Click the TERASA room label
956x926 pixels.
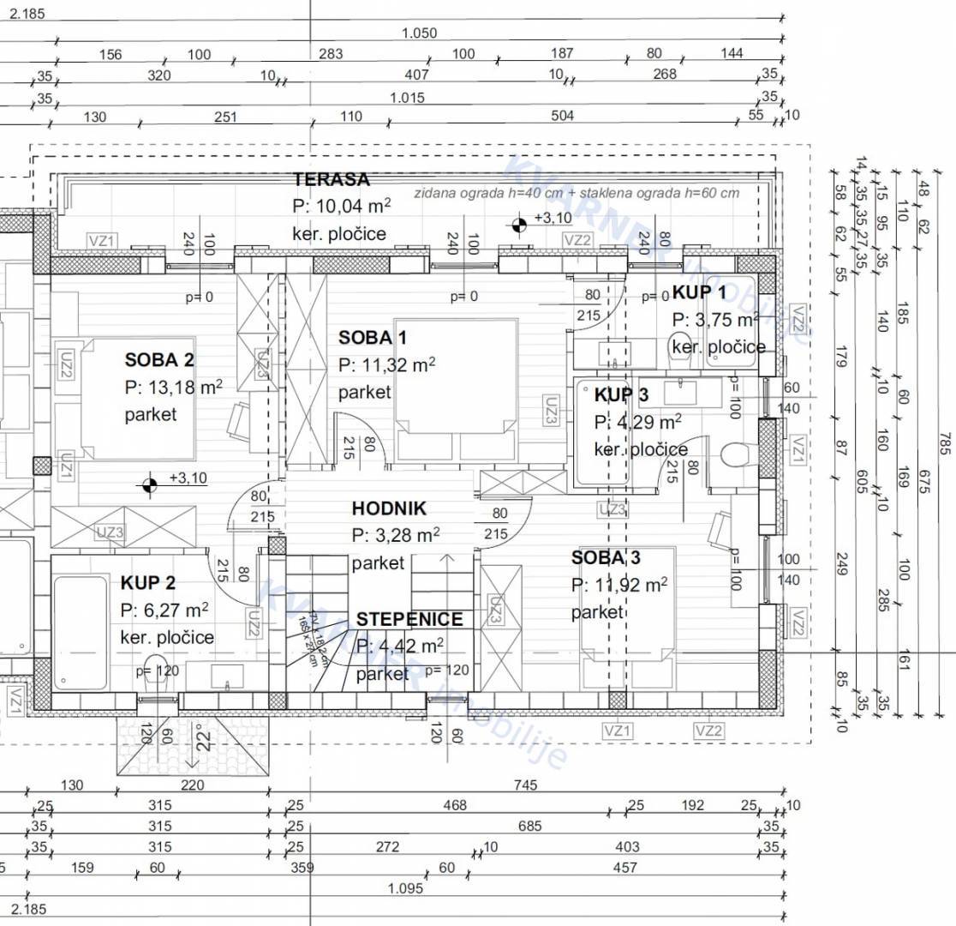tap(332, 180)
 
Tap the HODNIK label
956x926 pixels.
tap(388, 508)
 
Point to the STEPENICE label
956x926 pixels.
tap(409, 619)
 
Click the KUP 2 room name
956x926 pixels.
tap(147, 584)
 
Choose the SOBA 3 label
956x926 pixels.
tap(606, 558)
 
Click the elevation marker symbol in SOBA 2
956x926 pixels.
tap(150, 485)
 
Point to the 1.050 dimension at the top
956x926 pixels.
tap(419, 33)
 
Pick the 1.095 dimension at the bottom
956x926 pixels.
tap(405, 888)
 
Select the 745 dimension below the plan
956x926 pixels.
tap(525, 785)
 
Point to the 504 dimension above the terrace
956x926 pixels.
tap(562, 117)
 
